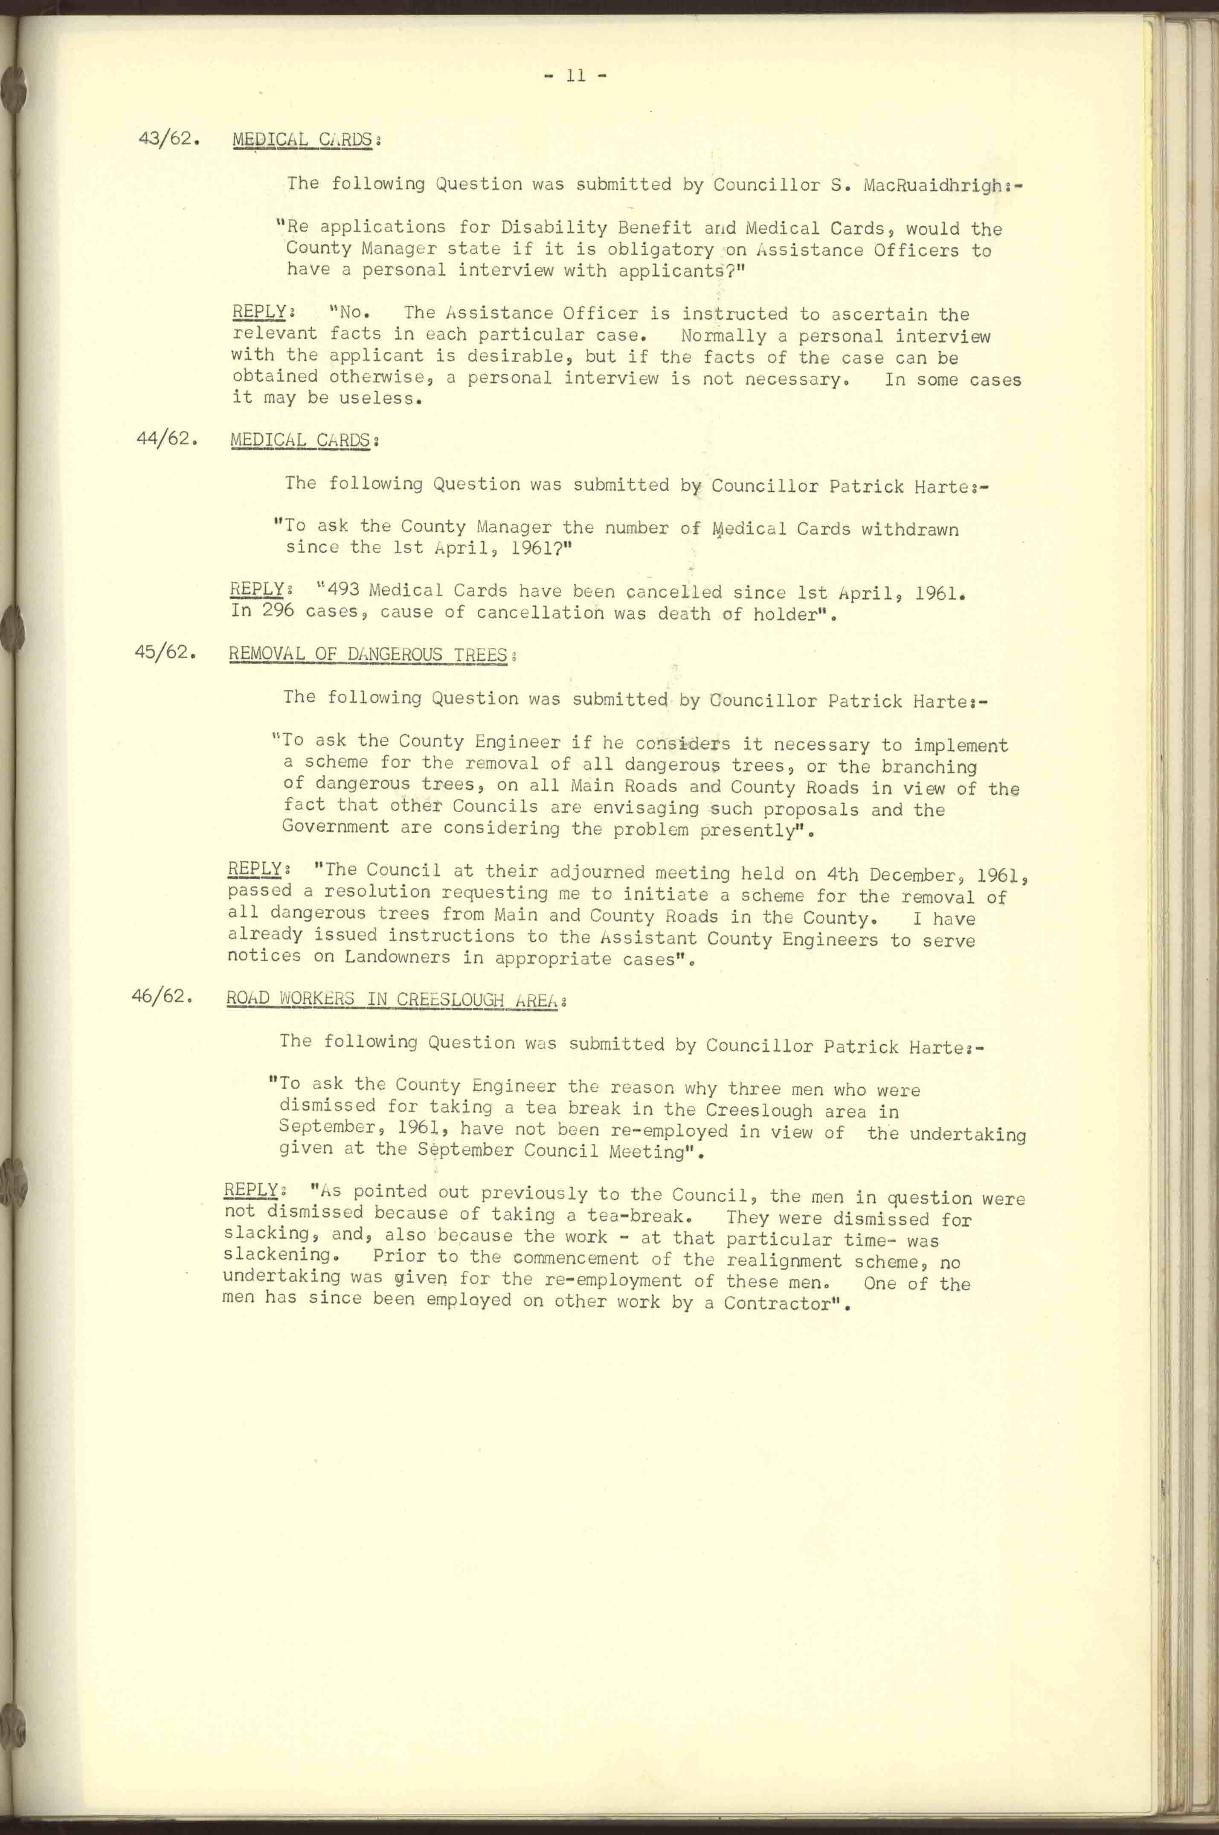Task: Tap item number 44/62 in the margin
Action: [x=163, y=438]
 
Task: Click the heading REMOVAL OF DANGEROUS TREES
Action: [x=368, y=654]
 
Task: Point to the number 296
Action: [x=278, y=611]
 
